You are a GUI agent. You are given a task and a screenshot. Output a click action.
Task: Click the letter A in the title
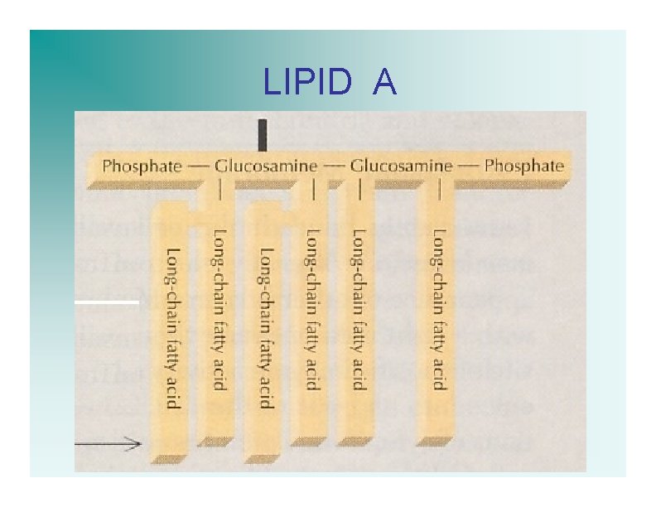[x=384, y=82]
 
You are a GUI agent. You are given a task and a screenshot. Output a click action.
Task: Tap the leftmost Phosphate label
[x=142, y=166]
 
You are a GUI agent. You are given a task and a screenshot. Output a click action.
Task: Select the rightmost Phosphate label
[x=523, y=166]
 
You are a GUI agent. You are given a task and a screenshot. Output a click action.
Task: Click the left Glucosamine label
[x=266, y=166]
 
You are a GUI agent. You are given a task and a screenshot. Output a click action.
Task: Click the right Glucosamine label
[x=402, y=166]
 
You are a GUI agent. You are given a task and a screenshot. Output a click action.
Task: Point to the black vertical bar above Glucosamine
[x=263, y=135]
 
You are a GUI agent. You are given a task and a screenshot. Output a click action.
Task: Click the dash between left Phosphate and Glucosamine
[x=198, y=166]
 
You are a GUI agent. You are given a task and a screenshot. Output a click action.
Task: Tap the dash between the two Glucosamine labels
[x=334, y=166]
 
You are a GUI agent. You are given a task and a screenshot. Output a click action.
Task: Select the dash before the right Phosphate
[x=468, y=166]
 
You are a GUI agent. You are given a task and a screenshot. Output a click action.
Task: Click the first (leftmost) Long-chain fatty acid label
[x=172, y=327]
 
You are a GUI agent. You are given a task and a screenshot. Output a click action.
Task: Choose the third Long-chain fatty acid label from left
[x=266, y=327]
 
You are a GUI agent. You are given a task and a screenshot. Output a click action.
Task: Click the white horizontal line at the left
[x=107, y=302]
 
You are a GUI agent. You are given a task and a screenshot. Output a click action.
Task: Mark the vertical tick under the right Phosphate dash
[x=439, y=191]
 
